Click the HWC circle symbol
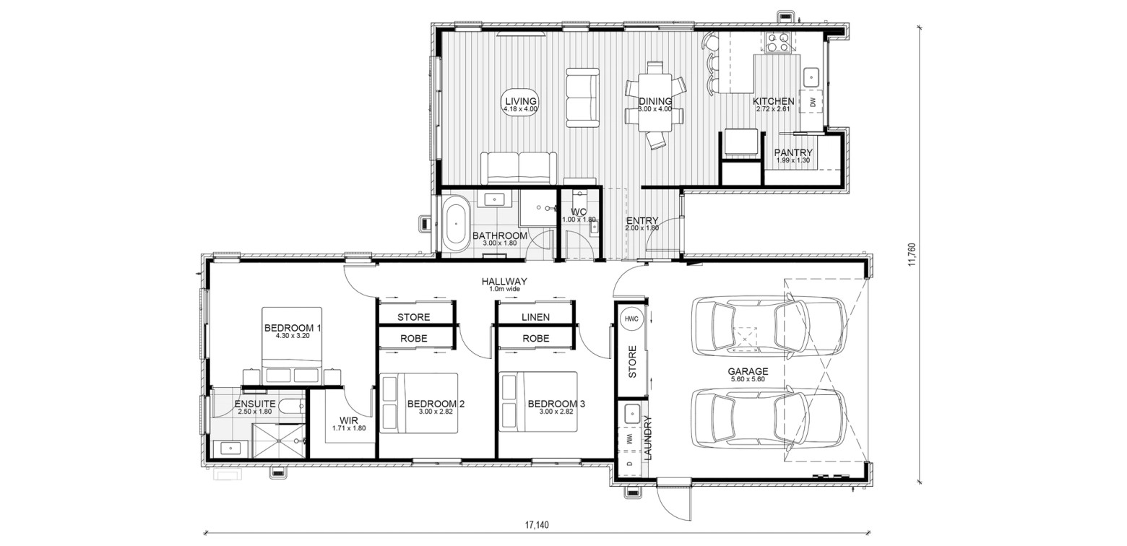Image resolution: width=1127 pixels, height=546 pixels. pyautogui.click(x=631, y=318)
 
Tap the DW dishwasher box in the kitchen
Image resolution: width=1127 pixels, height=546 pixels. pyautogui.click(x=811, y=102)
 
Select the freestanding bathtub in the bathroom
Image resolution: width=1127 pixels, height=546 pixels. pyautogui.click(x=456, y=223)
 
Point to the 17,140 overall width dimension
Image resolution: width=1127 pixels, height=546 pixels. pyautogui.click(x=537, y=525)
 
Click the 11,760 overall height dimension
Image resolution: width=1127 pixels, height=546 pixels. pyautogui.click(x=912, y=255)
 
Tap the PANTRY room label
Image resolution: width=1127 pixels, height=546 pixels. pyautogui.click(x=793, y=152)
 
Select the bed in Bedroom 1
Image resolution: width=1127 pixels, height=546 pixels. pyautogui.click(x=292, y=346)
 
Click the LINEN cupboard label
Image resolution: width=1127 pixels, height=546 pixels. pyautogui.click(x=535, y=317)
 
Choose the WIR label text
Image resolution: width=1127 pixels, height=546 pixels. pyautogui.click(x=349, y=420)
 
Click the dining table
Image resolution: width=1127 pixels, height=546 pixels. pyautogui.click(x=655, y=102)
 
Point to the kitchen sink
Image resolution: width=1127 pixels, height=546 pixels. pyautogui.click(x=811, y=78)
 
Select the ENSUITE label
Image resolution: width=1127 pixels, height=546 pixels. pyautogui.click(x=255, y=404)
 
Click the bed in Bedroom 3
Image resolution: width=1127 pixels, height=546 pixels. pyautogui.click(x=538, y=402)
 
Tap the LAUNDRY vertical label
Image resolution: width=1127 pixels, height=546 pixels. pyautogui.click(x=647, y=438)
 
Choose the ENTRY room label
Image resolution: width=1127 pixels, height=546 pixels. pyautogui.click(x=642, y=220)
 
